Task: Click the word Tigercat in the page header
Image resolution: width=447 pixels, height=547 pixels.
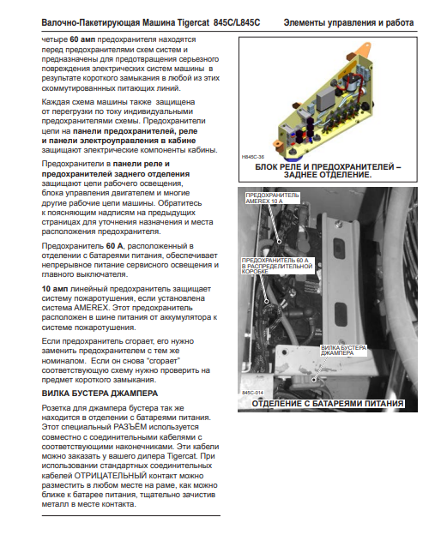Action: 193,22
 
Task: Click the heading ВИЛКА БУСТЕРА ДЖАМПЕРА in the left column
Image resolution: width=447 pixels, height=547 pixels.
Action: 100,394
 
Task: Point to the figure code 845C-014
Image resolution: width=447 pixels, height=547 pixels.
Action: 253,393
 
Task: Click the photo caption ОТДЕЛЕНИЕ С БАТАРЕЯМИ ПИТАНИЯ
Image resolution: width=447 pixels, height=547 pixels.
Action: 328,404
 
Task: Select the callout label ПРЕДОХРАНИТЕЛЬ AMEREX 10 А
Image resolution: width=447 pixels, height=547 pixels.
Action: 272,198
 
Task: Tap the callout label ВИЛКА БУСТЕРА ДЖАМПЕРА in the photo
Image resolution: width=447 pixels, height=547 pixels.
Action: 344,351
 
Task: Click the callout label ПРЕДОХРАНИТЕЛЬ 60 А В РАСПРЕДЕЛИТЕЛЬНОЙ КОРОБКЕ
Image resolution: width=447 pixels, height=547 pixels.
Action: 276,266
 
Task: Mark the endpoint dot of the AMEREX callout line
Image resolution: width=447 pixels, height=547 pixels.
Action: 280,242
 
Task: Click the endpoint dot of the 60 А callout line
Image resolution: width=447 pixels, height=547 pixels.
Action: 267,301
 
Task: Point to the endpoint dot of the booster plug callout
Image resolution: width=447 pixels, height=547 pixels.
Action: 314,379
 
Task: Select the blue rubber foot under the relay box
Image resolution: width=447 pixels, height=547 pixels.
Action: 293,152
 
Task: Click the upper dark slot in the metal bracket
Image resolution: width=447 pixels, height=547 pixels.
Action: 339,247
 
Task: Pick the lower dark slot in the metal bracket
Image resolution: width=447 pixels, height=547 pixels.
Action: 341,313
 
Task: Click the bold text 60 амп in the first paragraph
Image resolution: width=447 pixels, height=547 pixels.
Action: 82,39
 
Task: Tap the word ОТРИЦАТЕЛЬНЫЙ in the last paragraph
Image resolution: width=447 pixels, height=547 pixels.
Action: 111,476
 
